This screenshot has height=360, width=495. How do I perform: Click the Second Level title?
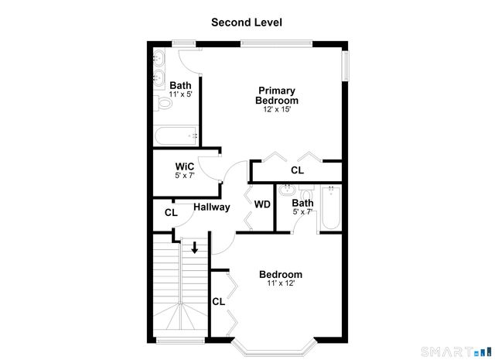tap(247, 22)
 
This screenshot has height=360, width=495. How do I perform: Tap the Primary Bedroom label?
tap(278, 95)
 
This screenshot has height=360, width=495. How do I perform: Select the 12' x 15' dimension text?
tap(278, 110)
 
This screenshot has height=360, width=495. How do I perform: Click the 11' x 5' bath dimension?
tap(180, 94)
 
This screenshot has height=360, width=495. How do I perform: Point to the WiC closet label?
tap(185, 166)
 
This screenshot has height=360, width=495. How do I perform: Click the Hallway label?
tap(211, 207)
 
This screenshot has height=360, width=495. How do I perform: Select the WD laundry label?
tap(262, 204)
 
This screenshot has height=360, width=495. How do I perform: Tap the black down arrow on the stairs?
tap(195, 249)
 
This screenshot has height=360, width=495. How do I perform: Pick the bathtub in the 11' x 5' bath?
tap(176, 136)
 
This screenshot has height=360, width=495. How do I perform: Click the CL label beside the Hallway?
tap(171, 212)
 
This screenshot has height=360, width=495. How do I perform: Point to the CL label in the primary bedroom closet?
tap(297, 170)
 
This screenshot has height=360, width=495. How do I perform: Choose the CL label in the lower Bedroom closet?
tap(218, 302)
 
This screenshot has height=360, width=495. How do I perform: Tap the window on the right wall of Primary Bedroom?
tap(346, 67)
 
